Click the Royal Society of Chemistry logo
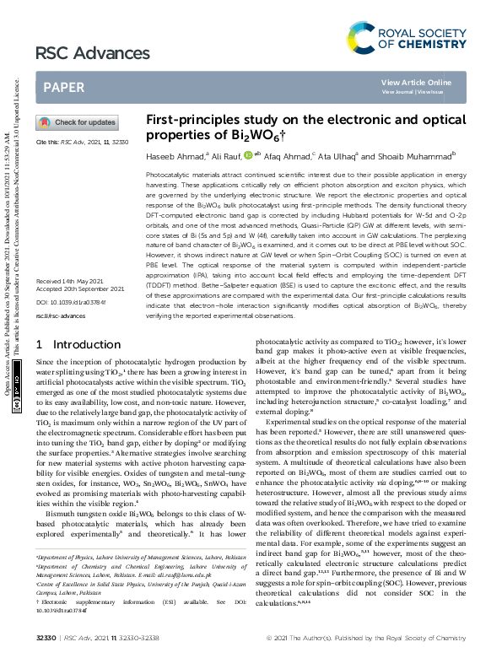tap(406, 36)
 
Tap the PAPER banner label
tap(63, 87)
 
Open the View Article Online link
tap(416, 82)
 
